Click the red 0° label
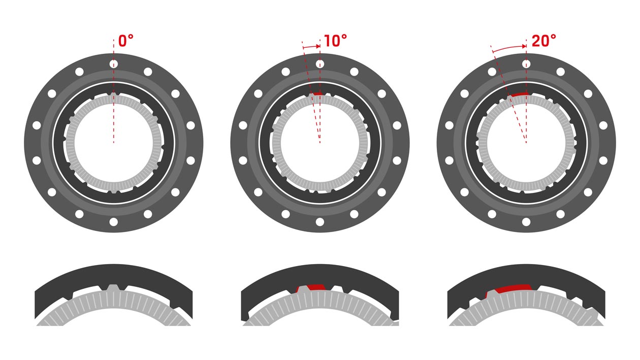tap(126, 41)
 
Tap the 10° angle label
tap(335, 41)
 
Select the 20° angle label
tap(543, 41)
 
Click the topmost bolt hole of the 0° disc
tap(114, 64)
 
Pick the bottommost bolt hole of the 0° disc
tap(114, 222)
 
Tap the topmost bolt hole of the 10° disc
tap(320, 64)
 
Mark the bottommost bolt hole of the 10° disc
tap(320, 222)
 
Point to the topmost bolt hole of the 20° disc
tap(526, 64)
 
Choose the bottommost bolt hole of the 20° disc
tap(526, 222)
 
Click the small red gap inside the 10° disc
tap(316, 94)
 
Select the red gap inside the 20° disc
tap(519, 94)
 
